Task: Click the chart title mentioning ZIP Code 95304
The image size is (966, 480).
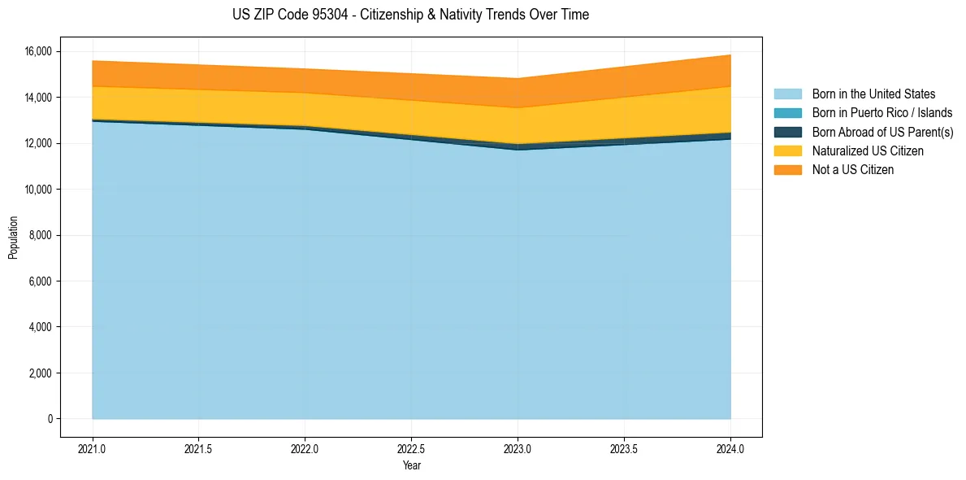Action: [410, 15]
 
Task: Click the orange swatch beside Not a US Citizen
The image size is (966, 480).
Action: [787, 170]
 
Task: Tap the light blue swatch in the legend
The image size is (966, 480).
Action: [787, 94]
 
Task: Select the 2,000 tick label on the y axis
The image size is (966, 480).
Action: [41, 373]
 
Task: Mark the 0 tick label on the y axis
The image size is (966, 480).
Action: [50, 419]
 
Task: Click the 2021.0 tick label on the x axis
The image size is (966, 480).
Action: [93, 447]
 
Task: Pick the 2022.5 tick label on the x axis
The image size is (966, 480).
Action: [411, 447]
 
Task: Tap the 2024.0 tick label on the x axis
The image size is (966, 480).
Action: [730, 447]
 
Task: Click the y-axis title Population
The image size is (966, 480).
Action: [13, 238]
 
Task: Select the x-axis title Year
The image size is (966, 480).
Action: [411, 466]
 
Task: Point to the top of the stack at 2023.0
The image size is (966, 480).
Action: [518, 79]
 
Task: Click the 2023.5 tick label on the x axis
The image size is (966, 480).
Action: [624, 447]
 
